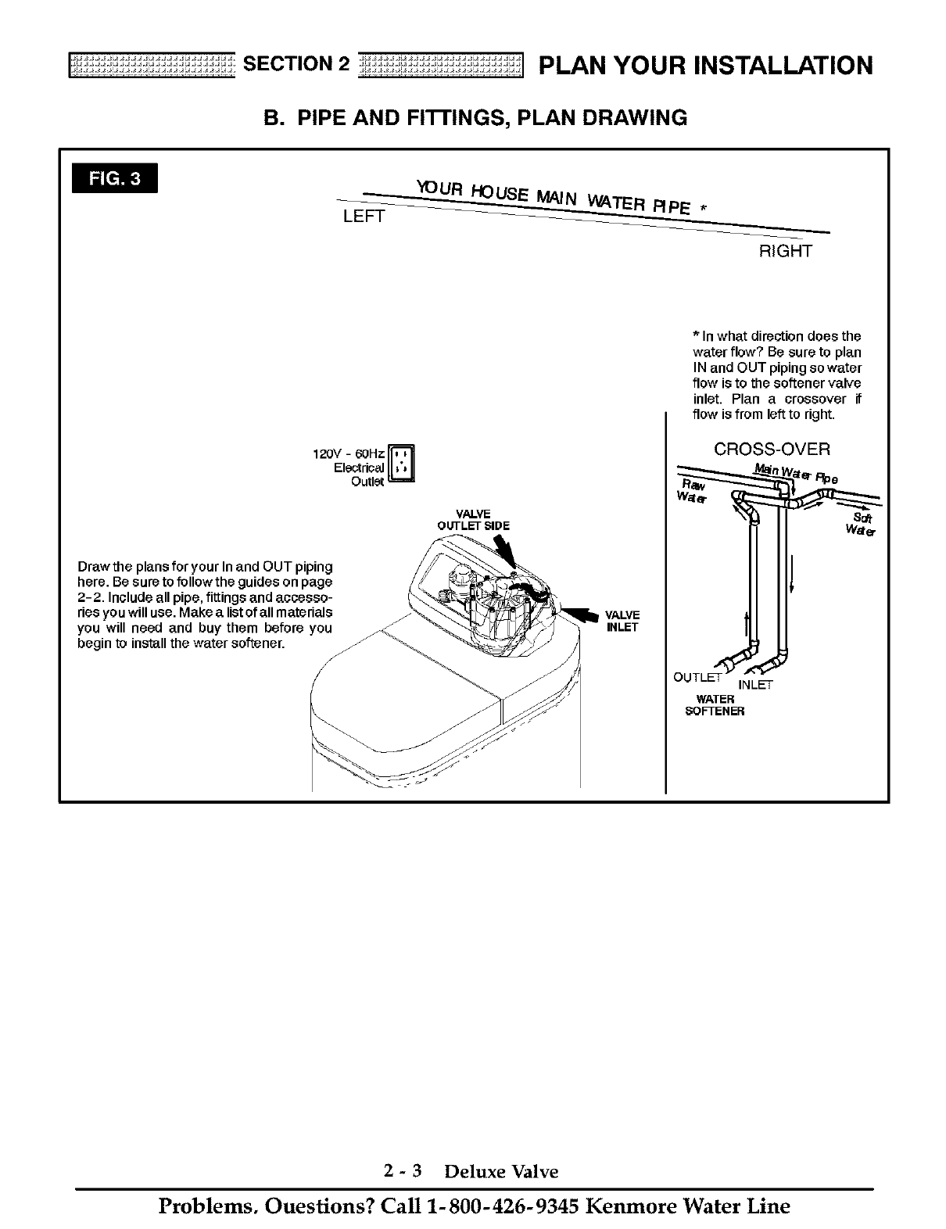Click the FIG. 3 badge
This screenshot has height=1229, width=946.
tap(114, 178)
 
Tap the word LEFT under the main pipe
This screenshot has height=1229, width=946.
tap(364, 217)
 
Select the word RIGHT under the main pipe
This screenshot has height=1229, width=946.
tap(786, 251)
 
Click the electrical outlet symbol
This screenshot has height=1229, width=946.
tap(402, 465)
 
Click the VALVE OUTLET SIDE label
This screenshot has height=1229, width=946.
tap(474, 520)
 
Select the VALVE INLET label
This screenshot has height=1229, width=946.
tap(622, 621)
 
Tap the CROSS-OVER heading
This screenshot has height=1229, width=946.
tap(772, 450)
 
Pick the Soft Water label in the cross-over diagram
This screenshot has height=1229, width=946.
tap(862, 524)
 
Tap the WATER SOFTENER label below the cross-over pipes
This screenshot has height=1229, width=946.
tap(715, 705)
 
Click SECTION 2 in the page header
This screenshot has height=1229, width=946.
tap(296, 64)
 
